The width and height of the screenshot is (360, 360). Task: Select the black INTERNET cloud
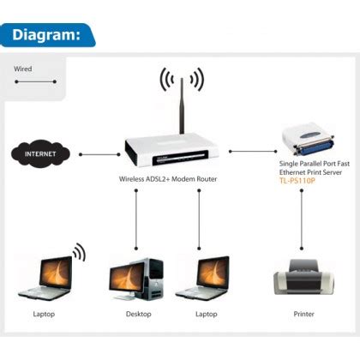41,155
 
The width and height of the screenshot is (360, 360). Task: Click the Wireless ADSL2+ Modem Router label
167,180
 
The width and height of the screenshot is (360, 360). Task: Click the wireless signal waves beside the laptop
80,254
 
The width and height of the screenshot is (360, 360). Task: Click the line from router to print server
249,151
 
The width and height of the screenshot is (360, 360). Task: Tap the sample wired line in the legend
35,82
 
